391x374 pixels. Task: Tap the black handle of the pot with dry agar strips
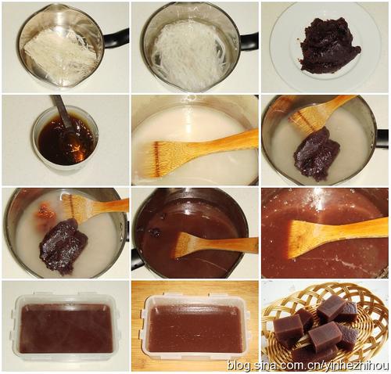116,39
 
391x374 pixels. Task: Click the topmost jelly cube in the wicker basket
327,308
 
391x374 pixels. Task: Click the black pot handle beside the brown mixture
138,259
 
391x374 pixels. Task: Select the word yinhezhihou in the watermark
366,365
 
